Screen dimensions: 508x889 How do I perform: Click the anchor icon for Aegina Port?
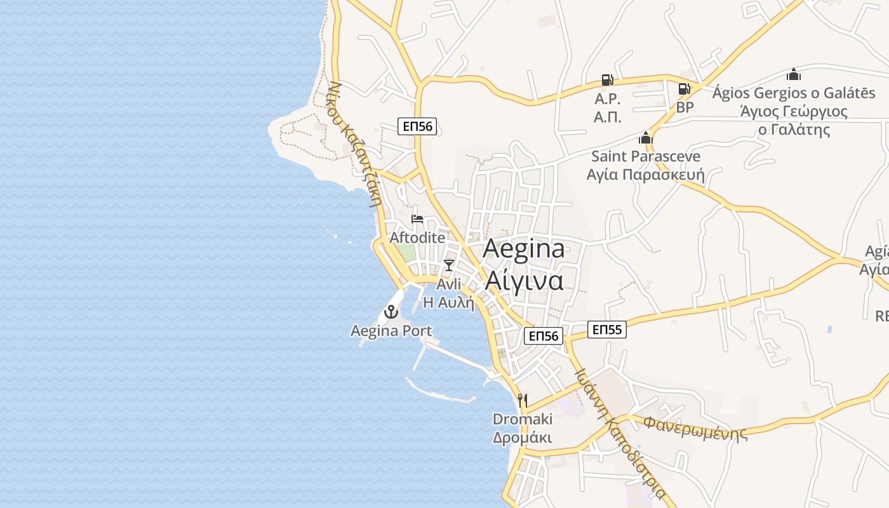[391, 312]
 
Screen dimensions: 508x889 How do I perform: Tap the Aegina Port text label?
[391, 331]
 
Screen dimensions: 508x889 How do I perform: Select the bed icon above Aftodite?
[417, 219]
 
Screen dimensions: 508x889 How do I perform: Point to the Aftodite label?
[417, 238]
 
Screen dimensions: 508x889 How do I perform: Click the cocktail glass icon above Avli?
[449, 265]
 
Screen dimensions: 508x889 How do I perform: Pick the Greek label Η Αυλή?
[449, 302]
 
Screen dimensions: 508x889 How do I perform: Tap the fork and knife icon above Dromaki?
[523, 400]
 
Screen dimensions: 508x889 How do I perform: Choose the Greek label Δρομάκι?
[523, 438]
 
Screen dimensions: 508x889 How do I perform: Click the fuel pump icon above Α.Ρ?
[608, 80]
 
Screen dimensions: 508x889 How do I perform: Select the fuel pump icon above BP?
[685, 89]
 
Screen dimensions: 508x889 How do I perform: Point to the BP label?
[685, 107]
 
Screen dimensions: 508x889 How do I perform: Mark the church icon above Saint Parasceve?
[646, 138]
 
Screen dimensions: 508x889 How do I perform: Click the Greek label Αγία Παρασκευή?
[646, 175]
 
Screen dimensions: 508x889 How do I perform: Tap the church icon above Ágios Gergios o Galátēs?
[794, 74]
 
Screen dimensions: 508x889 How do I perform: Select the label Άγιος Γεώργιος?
[794, 112]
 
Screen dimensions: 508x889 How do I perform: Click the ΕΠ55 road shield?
[607, 330]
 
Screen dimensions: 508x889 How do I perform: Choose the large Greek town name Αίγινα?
[524, 280]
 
